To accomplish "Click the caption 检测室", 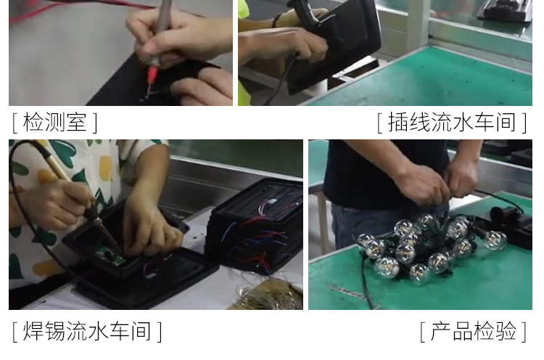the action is pos(55,123).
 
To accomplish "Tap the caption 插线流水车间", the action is pos(452,123).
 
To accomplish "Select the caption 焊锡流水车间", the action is pos(87,331).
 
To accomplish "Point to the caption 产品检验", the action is pos(473,331).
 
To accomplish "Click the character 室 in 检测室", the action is pos(76,123).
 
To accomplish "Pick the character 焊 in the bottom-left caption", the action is pos(33,331).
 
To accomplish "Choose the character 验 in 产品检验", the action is pos(506,331).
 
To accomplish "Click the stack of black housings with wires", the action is pos(256,226).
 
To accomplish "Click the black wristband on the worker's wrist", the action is pos(276,20).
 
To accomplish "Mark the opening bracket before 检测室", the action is pos(15,123).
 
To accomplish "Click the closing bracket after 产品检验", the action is pos(524,332).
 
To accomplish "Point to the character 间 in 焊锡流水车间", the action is pos(141,331).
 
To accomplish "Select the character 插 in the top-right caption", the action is pos(398,123).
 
